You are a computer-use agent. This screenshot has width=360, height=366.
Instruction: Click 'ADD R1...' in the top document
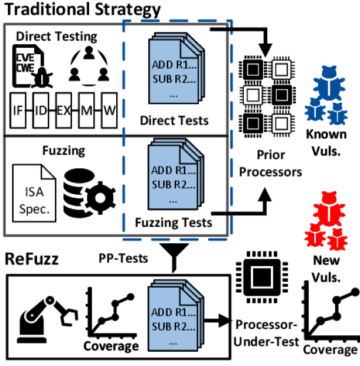click(x=174, y=65)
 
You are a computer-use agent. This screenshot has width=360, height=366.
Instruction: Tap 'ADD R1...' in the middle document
click(x=173, y=171)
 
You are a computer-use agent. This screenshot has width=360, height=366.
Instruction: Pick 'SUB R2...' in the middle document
click(x=173, y=184)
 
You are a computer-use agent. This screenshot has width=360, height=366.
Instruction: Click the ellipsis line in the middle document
click(x=173, y=198)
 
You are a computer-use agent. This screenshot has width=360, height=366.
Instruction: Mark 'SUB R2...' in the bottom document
click(x=173, y=326)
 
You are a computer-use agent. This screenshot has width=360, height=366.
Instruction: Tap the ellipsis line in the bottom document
click(x=173, y=341)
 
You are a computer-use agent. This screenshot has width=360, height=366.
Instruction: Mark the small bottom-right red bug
click(x=337, y=239)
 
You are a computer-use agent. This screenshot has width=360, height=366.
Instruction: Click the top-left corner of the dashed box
click(x=123, y=21)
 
